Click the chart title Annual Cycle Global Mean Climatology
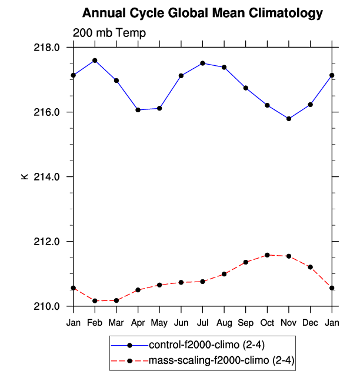point(202,13)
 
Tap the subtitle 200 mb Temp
point(109,33)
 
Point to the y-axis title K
point(24,176)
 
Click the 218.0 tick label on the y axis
point(49,48)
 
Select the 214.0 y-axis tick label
point(49,177)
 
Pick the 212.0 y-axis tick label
point(49,242)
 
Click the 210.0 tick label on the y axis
point(49,306)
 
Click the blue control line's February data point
point(95,61)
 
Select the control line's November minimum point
point(289,119)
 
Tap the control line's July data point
point(202,63)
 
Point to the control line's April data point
point(138,110)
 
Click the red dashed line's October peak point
point(267,255)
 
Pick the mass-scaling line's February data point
point(95,301)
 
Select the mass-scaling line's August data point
point(224,274)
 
